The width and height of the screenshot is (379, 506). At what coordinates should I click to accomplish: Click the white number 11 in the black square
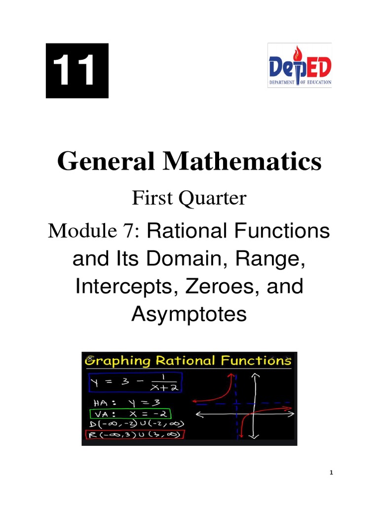pos(76,70)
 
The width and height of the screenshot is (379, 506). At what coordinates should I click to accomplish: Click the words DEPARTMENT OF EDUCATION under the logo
pos(300,83)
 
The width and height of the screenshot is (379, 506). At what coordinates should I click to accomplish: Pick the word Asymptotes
pos(189,314)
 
